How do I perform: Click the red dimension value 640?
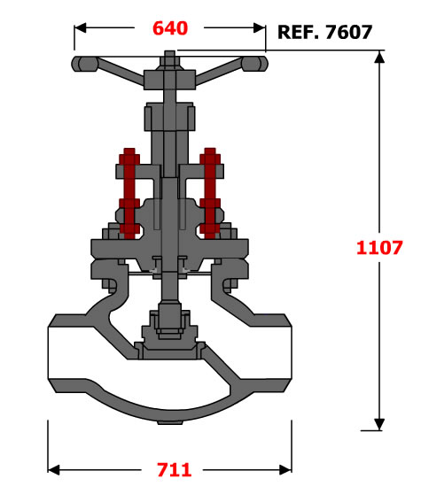click(170, 28)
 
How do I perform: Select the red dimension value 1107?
click(379, 248)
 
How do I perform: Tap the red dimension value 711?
click(175, 470)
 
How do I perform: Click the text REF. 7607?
click(324, 32)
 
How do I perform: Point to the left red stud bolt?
click(129, 194)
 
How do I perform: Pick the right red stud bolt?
click(210, 194)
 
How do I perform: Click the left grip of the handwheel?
click(84, 64)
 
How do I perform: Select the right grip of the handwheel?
click(254, 64)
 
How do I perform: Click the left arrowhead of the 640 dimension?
click(81, 27)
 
